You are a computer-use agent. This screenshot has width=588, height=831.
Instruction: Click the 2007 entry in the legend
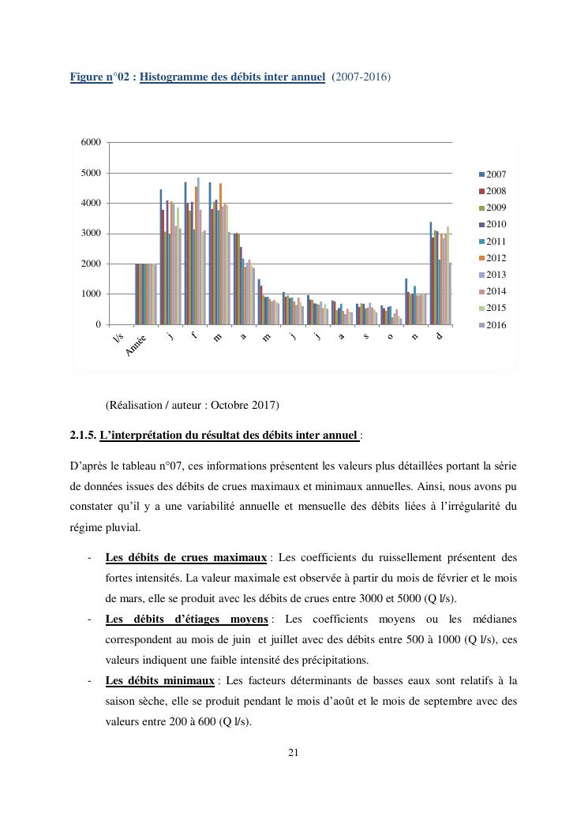coord(496,174)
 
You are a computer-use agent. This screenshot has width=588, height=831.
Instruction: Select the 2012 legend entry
coord(496,258)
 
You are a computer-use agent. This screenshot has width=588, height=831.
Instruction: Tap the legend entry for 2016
coord(496,325)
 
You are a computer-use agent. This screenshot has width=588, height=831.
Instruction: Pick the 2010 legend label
coord(496,225)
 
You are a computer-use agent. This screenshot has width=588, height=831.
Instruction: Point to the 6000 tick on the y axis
coord(91,142)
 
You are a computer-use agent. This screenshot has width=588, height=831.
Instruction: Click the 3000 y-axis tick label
coord(91,234)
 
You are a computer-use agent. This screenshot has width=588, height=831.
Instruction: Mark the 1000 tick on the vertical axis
coord(91,294)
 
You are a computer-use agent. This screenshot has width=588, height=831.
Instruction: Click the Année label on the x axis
coord(137,346)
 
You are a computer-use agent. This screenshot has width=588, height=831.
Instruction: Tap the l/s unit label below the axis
coord(118,339)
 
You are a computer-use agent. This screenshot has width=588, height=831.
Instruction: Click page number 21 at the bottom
coord(293,752)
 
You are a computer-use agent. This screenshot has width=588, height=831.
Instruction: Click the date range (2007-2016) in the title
coord(361,77)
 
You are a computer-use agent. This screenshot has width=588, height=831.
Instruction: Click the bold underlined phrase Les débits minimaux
coord(159,680)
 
